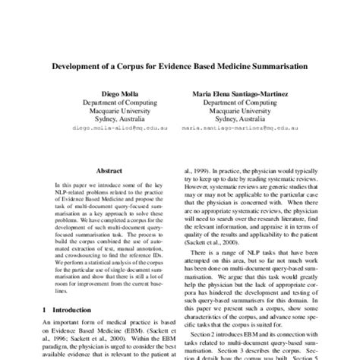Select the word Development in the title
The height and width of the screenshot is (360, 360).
coord(81,66)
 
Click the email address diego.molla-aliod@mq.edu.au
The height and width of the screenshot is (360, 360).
coord(107,130)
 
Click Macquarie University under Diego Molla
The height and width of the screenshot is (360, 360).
coord(107,111)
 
